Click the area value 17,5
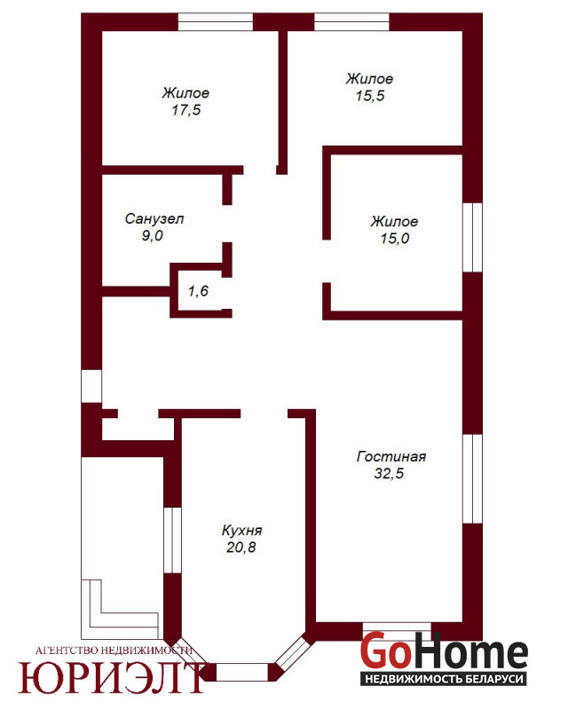point(186,110)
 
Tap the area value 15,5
point(370,96)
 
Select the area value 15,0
point(395,238)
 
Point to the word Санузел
point(154,218)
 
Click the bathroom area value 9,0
point(152,235)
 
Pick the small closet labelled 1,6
point(198,291)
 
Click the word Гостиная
point(391,456)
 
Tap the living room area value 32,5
point(389,473)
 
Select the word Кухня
point(242,530)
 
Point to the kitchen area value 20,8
point(241,547)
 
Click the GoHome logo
point(444,651)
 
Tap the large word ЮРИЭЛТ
point(112,678)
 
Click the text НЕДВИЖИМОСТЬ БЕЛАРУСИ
point(444,679)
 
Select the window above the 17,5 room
point(215,21)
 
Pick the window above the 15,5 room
point(352,21)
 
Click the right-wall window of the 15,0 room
point(472,237)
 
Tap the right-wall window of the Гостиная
point(472,479)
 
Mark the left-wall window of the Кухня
point(172,540)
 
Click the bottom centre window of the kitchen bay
point(242,672)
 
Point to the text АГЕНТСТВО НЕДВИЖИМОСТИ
point(114,651)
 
